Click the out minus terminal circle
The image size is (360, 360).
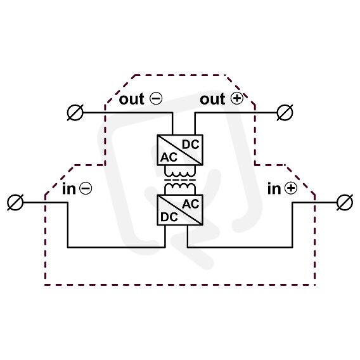(x=75, y=113)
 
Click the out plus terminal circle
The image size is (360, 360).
(x=285, y=113)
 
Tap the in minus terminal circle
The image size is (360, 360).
(x=15, y=203)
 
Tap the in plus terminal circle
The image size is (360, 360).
(x=345, y=203)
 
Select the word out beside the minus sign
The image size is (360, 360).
(x=132, y=99)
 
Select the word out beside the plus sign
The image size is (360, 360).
(x=212, y=99)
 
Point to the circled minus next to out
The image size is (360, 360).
(x=156, y=98)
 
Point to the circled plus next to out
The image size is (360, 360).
(x=236, y=98)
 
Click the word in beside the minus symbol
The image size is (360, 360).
(x=69, y=189)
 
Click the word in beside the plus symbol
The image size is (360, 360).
(x=274, y=189)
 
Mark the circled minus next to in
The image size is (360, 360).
(x=86, y=188)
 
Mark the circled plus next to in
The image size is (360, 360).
(x=291, y=188)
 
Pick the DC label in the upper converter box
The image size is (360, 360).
(x=191, y=145)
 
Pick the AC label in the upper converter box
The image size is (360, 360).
(x=169, y=157)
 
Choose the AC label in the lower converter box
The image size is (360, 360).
(x=191, y=204)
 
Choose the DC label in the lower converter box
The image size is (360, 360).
(x=169, y=217)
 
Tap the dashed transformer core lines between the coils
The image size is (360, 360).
(x=180, y=180)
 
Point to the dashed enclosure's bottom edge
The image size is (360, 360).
(x=180, y=285)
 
